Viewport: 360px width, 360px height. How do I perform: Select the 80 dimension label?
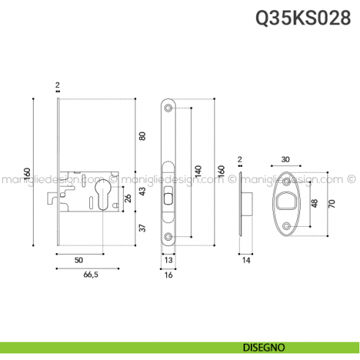[143, 136]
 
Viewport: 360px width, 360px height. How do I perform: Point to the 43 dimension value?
[143, 192]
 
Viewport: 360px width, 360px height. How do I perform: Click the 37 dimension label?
[143, 228]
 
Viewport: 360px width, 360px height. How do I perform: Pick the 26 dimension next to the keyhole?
[130, 198]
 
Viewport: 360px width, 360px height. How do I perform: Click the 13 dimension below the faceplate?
[169, 260]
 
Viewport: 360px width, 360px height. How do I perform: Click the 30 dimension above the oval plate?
[285, 159]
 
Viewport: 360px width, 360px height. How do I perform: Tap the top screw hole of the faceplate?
[169, 110]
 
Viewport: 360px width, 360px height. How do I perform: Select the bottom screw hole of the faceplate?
[169, 236]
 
